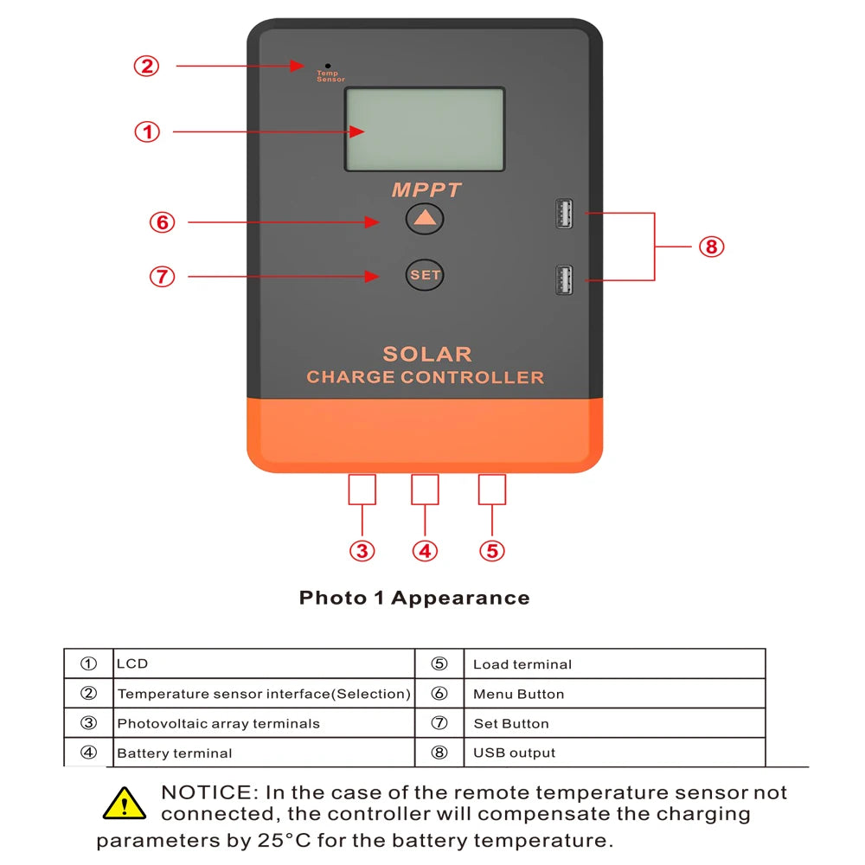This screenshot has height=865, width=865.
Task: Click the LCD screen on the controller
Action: (425, 130)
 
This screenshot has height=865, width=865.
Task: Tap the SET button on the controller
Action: (425, 275)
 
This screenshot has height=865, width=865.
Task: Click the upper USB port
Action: (564, 214)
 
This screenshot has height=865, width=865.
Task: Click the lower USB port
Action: (564, 280)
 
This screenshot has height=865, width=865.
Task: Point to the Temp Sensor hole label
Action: (330, 76)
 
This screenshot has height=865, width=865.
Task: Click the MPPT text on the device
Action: (426, 190)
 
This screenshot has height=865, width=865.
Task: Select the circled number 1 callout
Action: (147, 132)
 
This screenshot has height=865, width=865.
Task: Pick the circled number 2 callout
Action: (146, 66)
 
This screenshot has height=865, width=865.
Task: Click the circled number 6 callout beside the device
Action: (162, 222)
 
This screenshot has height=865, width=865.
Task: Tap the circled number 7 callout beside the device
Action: (162, 277)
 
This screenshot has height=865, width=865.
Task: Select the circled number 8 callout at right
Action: (711, 247)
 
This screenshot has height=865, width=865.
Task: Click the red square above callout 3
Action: (362, 490)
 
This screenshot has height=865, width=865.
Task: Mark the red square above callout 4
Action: (425, 490)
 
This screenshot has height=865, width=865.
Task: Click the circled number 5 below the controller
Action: (491, 551)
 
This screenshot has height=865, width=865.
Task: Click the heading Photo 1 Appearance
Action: (414, 598)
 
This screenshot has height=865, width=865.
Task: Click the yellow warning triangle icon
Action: (124, 804)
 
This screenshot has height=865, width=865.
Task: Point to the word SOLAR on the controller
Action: (427, 354)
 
